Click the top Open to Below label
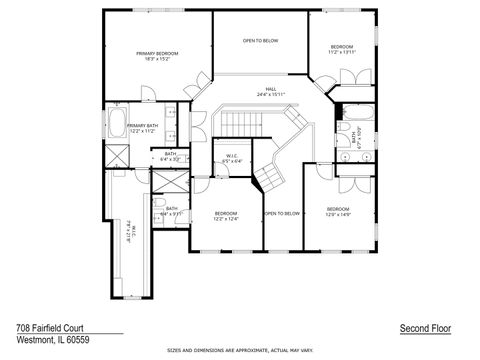[x=260, y=41]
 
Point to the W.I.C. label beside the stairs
[x=231, y=155]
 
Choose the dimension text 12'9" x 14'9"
[x=337, y=214]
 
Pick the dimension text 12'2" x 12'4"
[x=226, y=218]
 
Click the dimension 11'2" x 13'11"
[x=342, y=53]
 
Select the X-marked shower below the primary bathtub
[x=115, y=156]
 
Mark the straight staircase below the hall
[x=238, y=123]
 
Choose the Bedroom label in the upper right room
[x=342, y=47]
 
